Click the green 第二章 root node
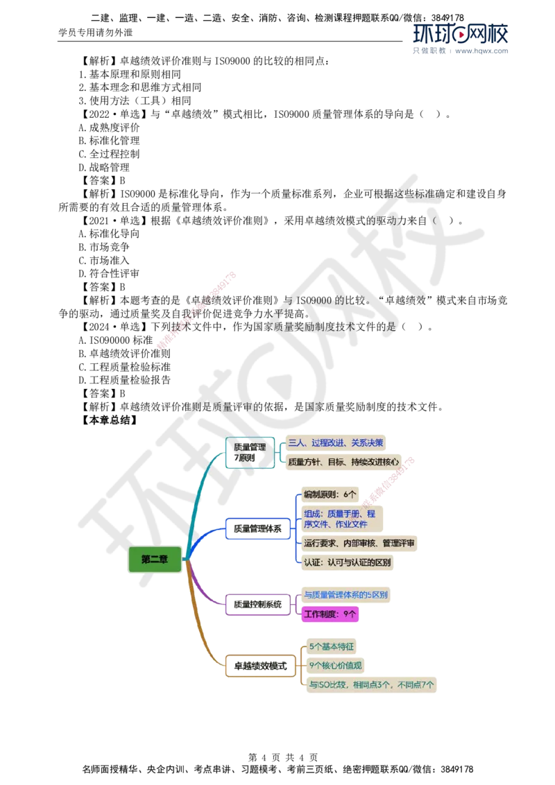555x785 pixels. pos(155,559)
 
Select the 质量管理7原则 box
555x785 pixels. pos(250,452)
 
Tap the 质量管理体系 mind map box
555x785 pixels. pos(258,528)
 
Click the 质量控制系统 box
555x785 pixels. pos(258,604)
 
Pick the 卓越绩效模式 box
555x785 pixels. pos(260,666)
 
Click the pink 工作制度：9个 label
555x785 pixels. pos(330,614)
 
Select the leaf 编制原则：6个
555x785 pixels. pos(330,494)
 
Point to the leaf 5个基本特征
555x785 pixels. pos(332,646)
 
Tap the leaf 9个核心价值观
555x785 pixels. pos(335,665)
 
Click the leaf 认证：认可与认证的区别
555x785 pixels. pos(347,562)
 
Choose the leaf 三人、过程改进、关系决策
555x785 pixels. pos(336,442)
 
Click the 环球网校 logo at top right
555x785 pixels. pos(461,34)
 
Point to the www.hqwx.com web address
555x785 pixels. pos(481,51)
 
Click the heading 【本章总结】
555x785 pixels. pos(109,420)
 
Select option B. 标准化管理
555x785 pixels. pos(109,141)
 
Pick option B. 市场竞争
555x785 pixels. pos(104,247)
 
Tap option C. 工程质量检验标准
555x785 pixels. pos(125,367)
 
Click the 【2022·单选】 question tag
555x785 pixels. pos(114,114)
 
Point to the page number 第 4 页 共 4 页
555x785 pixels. pos(283,757)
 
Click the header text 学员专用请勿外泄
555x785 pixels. pos(96,33)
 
